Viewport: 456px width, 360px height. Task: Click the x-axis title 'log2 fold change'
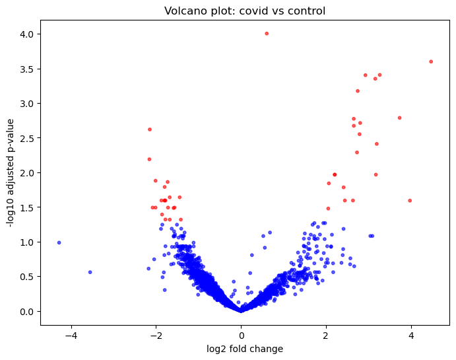[x=245, y=349]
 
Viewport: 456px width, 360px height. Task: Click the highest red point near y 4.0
[x=267, y=33]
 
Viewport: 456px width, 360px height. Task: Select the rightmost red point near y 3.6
[x=431, y=61]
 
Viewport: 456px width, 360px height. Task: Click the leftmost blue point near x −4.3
[x=59, y=242]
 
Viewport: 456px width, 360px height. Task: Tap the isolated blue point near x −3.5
[x=90, y=272]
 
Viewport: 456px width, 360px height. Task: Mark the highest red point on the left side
[x=150, y=129]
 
